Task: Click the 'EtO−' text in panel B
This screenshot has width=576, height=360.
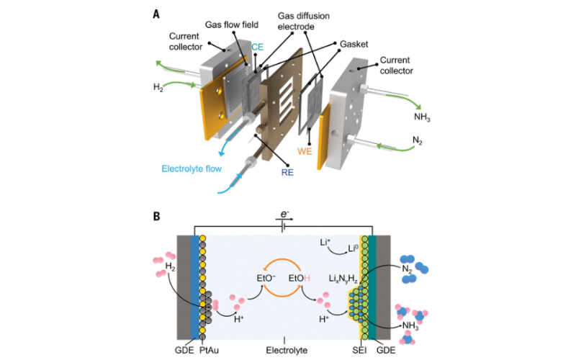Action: coord(265,277)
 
